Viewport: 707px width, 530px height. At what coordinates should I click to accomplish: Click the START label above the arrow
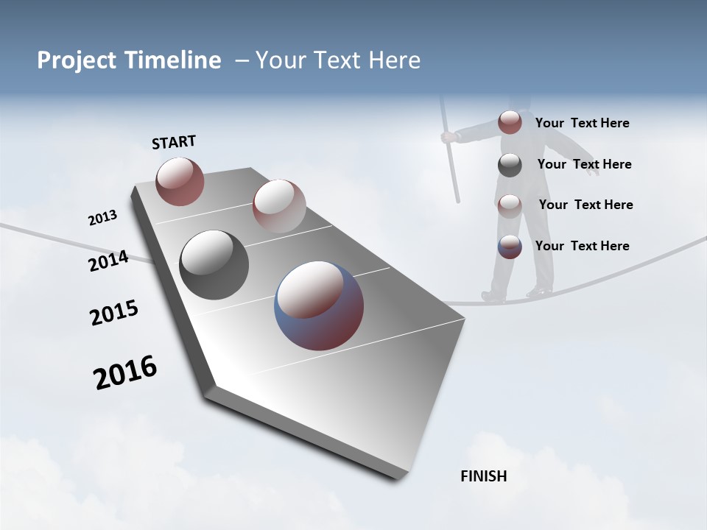[x=174, y=142]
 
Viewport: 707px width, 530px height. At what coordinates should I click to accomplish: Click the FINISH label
[x=483, y=476]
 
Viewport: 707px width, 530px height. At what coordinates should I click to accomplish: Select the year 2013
[x=102, y=218]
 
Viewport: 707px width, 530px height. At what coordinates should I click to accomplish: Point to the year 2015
[x=113, y=313]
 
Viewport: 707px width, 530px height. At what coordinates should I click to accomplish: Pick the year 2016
[x=125, y=373]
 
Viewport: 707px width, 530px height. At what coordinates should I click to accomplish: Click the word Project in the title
[x=78, y=60]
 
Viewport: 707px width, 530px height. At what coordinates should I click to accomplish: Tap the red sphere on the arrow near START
[x=180, y=181]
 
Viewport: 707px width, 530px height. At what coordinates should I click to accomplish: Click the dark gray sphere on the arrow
[x=214, y=265]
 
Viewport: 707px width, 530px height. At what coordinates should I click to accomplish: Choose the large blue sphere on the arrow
[x=319, y=305]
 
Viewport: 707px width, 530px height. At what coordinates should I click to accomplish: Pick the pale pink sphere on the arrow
[x=278, y=205]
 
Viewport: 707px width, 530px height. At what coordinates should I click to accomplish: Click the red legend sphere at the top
[x=510, y=122]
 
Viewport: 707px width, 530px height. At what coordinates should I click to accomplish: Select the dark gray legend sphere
[x=510, y=165]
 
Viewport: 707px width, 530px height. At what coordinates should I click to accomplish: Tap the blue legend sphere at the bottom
[x=510, y=247]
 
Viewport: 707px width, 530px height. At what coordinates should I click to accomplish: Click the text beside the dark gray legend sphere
[x=584, y=164]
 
